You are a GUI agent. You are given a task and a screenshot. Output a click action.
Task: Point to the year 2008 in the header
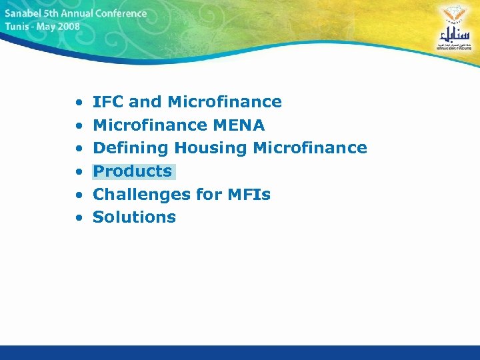[x=68, y=27]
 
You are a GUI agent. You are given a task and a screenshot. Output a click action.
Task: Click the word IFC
[x=108, y=102]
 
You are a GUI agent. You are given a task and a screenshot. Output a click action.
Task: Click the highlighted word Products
[x=133, y=171]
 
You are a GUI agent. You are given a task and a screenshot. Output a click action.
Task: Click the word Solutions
[x=134, y=217]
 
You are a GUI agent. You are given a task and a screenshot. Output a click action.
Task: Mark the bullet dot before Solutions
[x=79, y=218]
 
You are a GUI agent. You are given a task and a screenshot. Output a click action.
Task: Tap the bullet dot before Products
[x=79, y=172]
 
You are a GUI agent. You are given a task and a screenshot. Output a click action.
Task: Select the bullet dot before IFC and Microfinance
[x=79, y=103]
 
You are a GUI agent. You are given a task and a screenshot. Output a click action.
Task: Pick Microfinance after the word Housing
[x=311, y=148]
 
